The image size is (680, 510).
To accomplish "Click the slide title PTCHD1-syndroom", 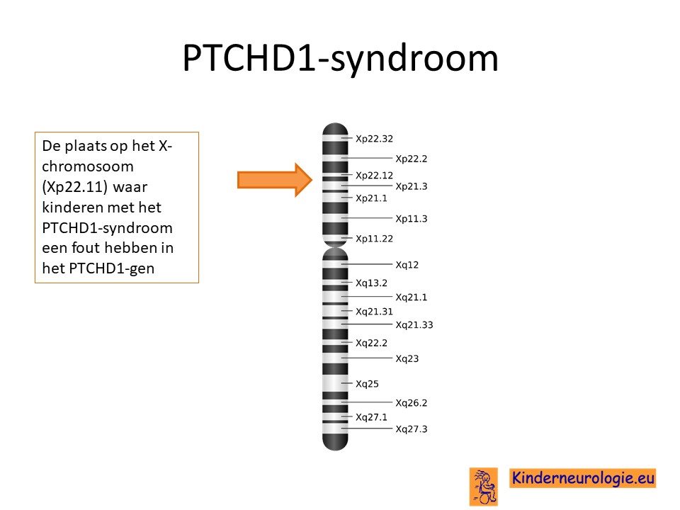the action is click(341, 58).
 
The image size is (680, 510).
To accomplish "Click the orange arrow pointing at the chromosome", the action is click(275, 180).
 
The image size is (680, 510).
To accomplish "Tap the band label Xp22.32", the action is click(374, 139).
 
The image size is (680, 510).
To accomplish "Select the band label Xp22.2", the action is click(411, 159).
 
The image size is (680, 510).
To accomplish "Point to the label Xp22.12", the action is click(374, 175).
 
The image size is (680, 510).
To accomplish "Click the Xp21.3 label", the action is click(411, 186).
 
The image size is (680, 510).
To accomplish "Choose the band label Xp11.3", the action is click(411, 219).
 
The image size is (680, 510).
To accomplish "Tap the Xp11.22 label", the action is click(374, 239).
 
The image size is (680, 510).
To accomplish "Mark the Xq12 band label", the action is click(407, 264).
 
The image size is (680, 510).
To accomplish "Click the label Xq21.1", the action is click(411, 297).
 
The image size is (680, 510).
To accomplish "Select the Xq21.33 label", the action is click(414, 325).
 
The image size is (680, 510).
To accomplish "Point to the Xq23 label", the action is click(407, 358).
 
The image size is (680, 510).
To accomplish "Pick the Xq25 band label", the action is click(367, 384).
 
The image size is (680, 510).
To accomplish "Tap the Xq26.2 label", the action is click(411, 403).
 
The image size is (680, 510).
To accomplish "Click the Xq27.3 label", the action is click(411, 429).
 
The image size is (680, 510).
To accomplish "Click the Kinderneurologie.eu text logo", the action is click(582, 478).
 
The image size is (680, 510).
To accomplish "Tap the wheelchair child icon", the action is click(484, 487).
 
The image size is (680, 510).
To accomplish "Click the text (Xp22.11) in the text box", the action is click(74, 187).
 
